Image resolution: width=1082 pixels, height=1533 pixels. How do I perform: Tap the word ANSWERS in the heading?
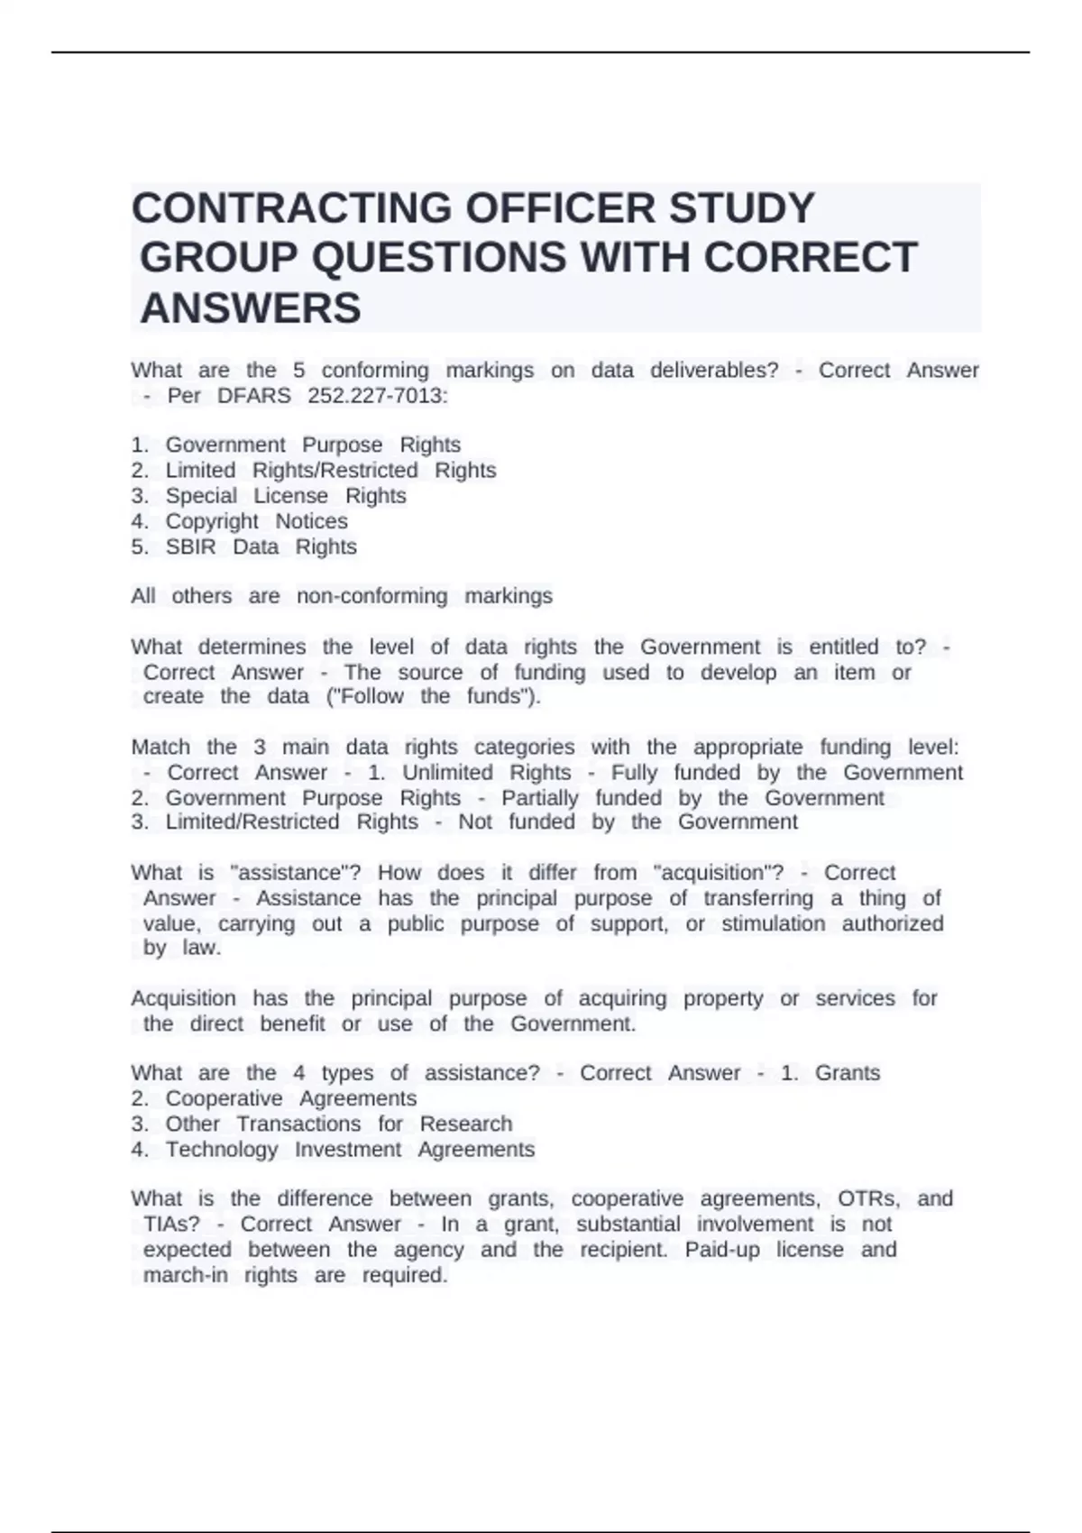click(251, 308)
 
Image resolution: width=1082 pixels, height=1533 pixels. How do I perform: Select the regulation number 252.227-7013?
click(377, 396)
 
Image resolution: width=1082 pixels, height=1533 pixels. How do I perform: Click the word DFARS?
click(253, 396)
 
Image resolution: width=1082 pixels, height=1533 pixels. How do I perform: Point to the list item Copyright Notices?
click(256, 521)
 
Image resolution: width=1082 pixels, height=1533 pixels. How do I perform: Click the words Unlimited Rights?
click(486, 773)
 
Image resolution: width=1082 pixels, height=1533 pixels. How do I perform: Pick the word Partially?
click(539, 798)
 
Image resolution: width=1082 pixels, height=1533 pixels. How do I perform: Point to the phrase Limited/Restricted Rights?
click(291, 822)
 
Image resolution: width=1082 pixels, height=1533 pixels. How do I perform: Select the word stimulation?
click(773, 923)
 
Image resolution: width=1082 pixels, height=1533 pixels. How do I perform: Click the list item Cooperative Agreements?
click(290, 1098)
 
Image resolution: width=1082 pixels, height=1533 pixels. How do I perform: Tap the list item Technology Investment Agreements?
click(350, 1150)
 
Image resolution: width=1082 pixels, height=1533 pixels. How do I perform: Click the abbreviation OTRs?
click(868, 1198)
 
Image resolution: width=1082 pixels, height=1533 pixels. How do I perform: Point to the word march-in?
click(185, 1275)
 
